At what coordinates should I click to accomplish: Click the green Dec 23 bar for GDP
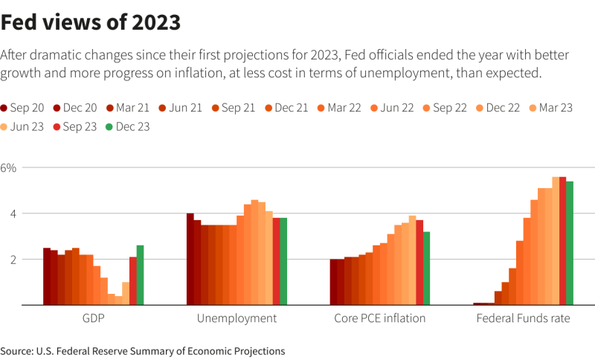tap(140, 275)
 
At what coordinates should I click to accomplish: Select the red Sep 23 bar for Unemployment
tap(276, 261)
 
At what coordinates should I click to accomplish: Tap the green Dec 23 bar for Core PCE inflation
tap(426, 269)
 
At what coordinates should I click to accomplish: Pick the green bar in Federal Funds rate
tap(570, 243)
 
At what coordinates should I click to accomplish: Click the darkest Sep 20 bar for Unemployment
tap(190, 259)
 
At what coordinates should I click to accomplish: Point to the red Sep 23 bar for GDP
tap(133, 280)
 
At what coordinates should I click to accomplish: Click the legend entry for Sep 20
tap(22, 108)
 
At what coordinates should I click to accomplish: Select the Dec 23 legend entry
tap(127, 126)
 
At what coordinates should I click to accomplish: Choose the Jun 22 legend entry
tap(392, 108)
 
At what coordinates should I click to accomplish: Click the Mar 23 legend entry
tap(550, 108)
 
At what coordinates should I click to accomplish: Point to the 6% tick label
tap(8, 167)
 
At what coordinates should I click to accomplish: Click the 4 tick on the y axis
tap(13, 214)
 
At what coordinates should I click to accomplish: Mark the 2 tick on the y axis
tap(13, 260)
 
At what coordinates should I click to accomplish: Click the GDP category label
tap(94, 318)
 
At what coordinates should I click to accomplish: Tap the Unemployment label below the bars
tap(237, 318)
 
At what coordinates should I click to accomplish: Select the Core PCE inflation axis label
tap(380, 318)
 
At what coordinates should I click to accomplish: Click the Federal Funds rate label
tap(524, 318)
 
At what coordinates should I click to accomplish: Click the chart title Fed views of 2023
tap(91, 22)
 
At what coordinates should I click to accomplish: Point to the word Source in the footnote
tap(16, 351)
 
